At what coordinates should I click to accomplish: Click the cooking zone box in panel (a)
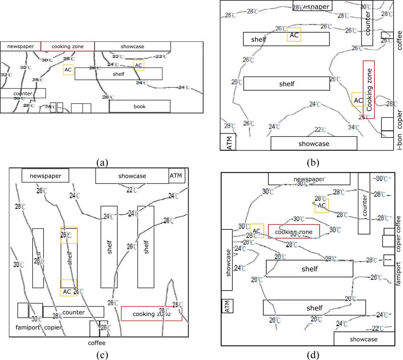(67, 46)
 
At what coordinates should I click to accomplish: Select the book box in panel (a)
(139, 106)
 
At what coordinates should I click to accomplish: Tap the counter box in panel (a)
(23, 93)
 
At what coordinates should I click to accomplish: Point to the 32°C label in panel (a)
(5, 75)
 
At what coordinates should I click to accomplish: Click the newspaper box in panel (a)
(20, 46)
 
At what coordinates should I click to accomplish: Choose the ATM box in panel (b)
(228, 142)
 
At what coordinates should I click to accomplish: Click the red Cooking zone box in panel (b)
(369, 89)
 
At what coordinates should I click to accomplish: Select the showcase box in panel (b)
(314, 143)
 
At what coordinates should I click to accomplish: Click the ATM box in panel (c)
(177, 176)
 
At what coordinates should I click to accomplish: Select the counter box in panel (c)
(73, 312)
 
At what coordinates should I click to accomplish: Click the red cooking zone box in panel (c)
(151, 314)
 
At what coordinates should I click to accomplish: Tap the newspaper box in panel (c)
(45, 176)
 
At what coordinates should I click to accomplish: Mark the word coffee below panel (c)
(97, 343)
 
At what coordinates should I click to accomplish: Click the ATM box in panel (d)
(228, 306)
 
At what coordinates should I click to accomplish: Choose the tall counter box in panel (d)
(364, 203)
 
